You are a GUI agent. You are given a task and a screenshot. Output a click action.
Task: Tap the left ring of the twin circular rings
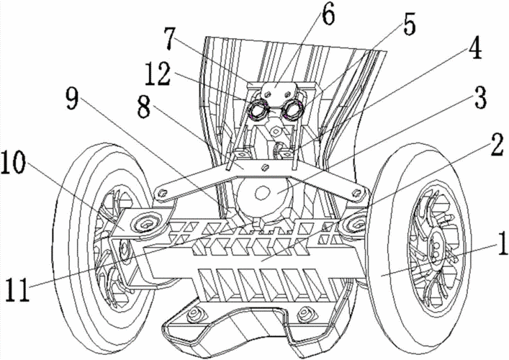click(x=257, y=109)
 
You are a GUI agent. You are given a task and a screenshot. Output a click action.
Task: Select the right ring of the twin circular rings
click(x=293, y=109)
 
